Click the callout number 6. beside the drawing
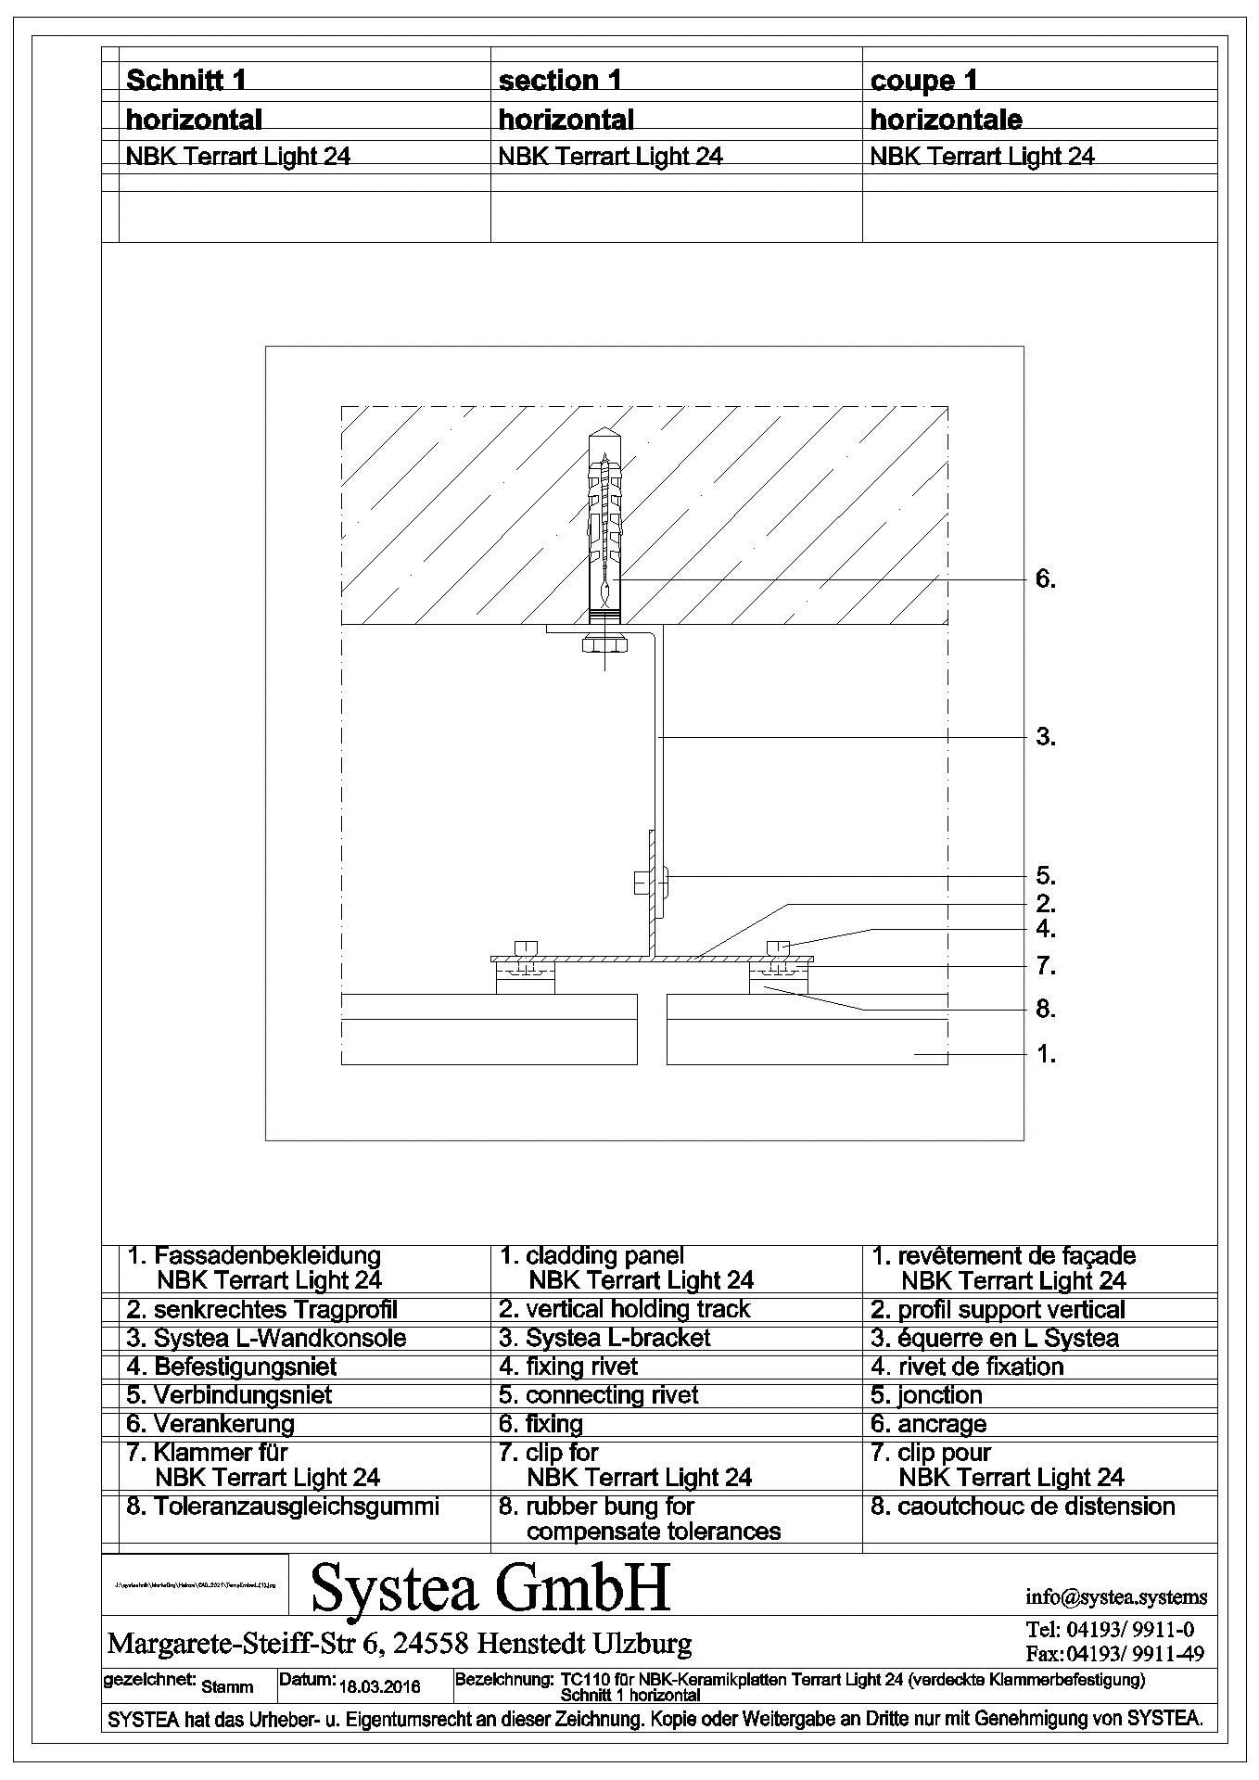[1045, 580]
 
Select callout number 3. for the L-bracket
[1045, 738]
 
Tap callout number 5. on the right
[1045, 876]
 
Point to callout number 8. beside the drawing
[1045, 1009]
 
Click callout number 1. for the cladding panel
[1045, 1054]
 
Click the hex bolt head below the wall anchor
[604, 642]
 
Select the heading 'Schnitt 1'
[186, 81]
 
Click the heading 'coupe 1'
[924, 81]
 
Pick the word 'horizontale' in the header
[946, 120]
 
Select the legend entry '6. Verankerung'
[210, 1423]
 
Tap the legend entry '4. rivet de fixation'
[967, 1367]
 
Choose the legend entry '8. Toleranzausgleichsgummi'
[283, 1506]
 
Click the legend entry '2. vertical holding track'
[624, 1309]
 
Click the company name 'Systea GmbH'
[490, 1586]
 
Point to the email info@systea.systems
[1116, 1596]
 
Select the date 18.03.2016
[380, 1685]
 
